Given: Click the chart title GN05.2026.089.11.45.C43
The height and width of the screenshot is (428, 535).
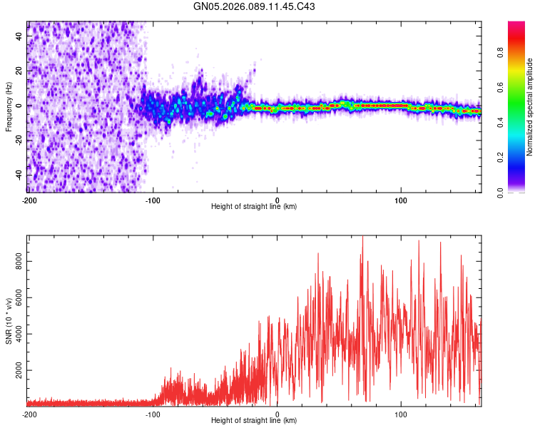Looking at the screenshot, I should [x=255, y=7].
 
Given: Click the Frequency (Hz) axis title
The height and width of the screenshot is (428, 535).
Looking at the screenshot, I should [x=9, y=106].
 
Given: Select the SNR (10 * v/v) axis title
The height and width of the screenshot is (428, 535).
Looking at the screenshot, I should [x=9, y=320].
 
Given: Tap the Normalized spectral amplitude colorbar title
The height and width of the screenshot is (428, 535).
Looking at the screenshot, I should [x=530, y=107].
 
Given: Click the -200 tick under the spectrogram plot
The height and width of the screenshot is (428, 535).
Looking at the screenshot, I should [x=29, y=199].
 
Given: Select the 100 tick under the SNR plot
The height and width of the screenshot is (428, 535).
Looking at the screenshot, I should [x=401, y=414].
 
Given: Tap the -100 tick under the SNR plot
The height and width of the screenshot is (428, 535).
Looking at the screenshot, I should [x=153, y=414].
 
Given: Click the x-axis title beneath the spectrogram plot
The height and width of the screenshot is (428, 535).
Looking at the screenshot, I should [x=254, y=207].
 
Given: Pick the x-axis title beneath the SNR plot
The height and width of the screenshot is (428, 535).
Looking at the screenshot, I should [x=254, y=421].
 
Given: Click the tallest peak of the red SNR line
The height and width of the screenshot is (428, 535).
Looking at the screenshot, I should [x=362, y=237].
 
